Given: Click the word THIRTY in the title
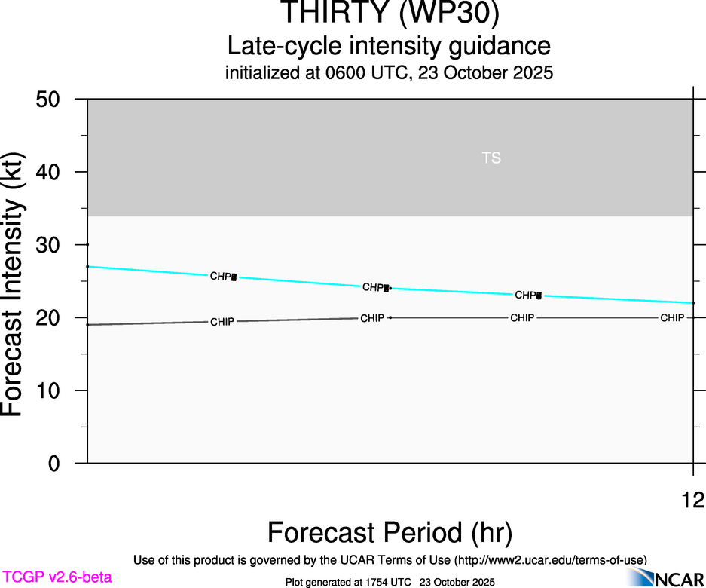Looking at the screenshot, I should tap(327, 14).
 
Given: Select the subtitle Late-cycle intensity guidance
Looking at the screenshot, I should tap(389, 47).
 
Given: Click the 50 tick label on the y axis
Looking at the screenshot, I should tap(55, 100).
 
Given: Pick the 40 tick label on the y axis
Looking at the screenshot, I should tap(55, 173).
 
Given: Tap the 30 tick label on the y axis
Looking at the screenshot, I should tap(55, 245).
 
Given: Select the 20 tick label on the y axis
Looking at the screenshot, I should tap(55, 318).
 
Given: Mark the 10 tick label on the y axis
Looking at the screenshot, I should tap(55, 390).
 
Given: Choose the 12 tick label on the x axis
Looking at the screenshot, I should tap(692, 499).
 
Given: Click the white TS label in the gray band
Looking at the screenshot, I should tap(491, 158).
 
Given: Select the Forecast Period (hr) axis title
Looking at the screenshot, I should tap(390, 533).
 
